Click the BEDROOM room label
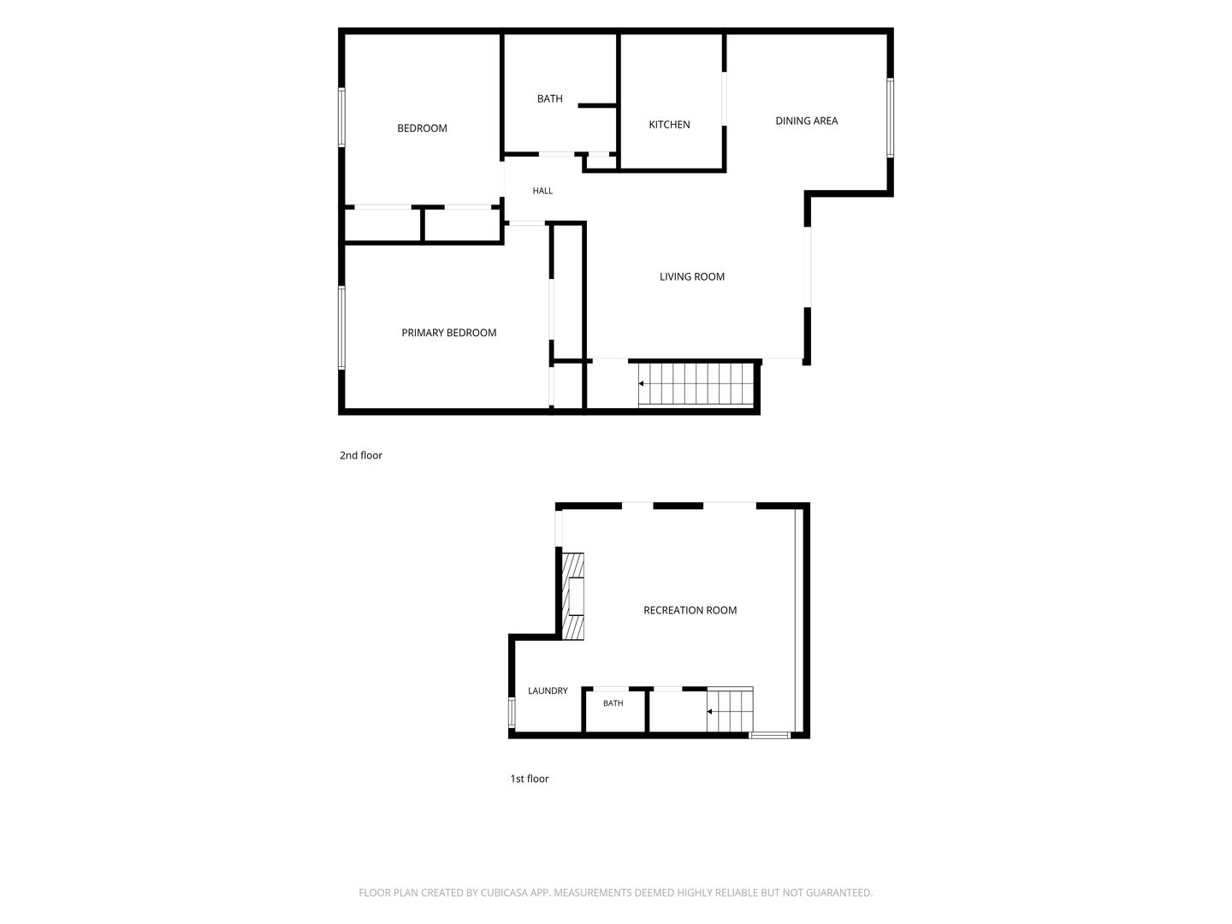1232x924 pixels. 422,128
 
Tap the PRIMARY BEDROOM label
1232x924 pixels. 449,333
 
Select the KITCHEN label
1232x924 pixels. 670,125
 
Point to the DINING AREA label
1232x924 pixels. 807,121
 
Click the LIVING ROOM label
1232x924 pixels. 692,276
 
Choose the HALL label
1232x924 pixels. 542,191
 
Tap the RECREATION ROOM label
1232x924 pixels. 690,610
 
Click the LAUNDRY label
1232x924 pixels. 548,690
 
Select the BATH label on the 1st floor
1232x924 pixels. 613,703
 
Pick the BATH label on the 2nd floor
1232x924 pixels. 550,98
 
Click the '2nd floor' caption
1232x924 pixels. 361,455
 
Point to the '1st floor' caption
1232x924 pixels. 530,779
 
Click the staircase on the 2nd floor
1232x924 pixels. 696,384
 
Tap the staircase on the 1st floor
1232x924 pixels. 730,710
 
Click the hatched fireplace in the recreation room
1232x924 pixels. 573,596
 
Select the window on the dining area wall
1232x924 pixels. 890,118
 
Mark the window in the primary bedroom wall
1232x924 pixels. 341,328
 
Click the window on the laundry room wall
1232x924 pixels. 512,712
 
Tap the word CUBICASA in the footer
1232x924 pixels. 504,892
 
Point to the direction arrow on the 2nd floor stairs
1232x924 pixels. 641,384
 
